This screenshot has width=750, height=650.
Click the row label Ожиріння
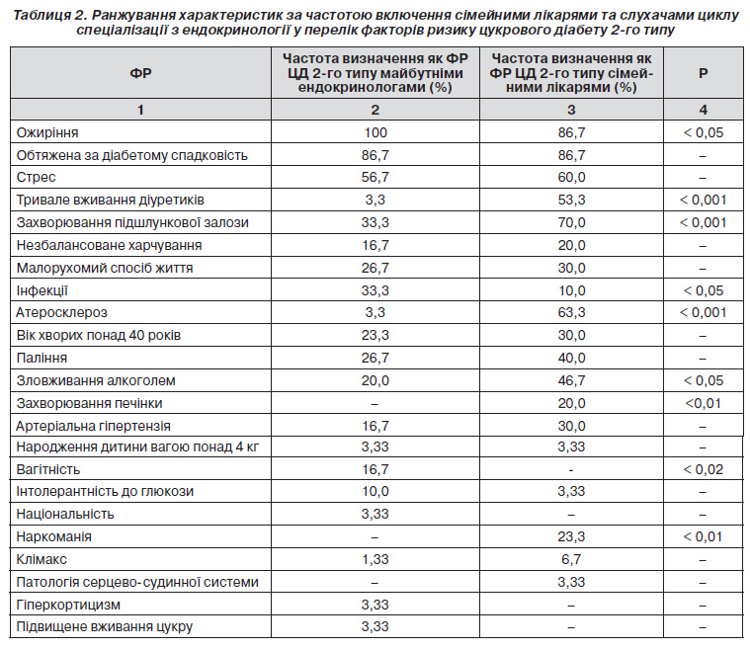[x=47, y=132]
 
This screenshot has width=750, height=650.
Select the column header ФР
[x=140, y=73]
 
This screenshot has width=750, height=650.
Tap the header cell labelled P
[x=703, y=73]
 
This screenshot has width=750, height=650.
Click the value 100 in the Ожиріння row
[x=375, y=132]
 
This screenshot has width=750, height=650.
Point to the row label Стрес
[x=36, y=178]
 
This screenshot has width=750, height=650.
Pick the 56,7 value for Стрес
[x=375, y=178]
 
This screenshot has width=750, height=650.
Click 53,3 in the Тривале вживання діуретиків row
[x=571, y=200]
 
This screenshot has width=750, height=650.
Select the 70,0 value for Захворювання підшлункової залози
[x=571, y=222]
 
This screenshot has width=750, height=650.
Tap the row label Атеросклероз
[x=61, y=313]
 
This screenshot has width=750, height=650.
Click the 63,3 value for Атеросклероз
[x=571, y=313]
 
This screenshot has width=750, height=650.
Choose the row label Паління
[x=42, y=358]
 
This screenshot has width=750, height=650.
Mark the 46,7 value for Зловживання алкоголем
[x=571, y=380]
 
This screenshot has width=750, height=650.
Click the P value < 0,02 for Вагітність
[x=704, y=469]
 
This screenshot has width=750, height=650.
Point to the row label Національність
[x=65, y=514]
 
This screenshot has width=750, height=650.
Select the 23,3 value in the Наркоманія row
[x=571, y=536]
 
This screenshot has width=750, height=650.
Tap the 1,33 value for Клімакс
[x=375, y=559]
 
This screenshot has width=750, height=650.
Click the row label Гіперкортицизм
[x=68, y=605]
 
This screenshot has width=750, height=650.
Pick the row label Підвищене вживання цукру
[x=105, y=626]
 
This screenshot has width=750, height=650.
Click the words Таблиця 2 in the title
[x=49, y=15]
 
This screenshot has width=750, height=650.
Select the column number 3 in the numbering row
[x=571, y=110]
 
